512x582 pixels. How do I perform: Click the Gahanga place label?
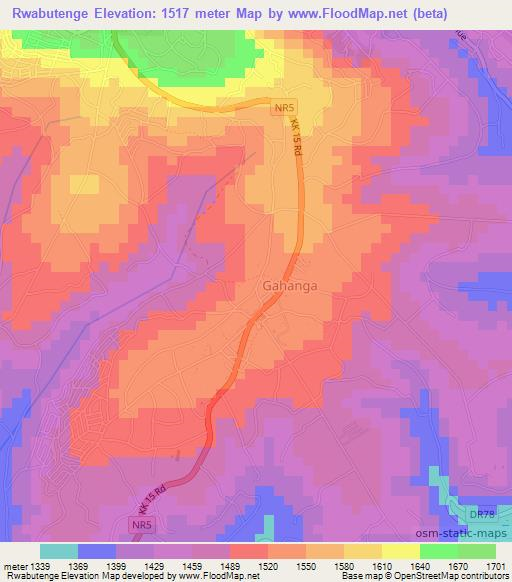(x=291, y=285)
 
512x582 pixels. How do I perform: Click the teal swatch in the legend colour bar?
(x=59, y=551)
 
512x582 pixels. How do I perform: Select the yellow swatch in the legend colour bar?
(x=401, y=551)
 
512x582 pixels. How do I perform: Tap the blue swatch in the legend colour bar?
(x=97, y=551)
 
